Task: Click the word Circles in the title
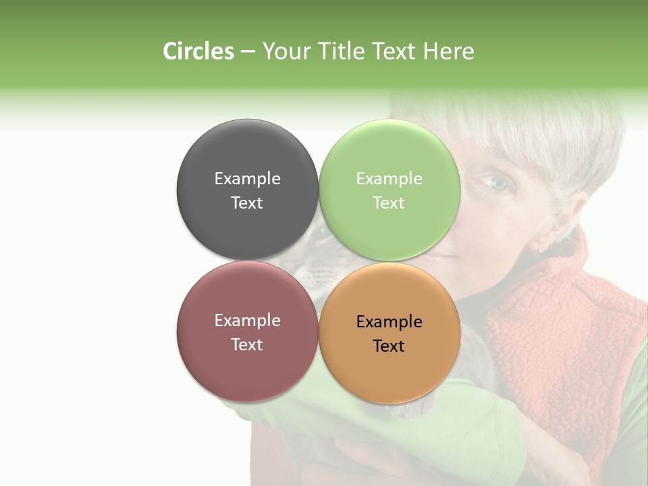198,51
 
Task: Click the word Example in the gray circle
247,178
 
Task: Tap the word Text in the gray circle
247,202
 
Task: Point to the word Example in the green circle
389,178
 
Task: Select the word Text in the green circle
389,202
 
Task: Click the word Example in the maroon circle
247,320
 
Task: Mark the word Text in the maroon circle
247,344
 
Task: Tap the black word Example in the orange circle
389,321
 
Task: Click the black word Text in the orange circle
389,346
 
